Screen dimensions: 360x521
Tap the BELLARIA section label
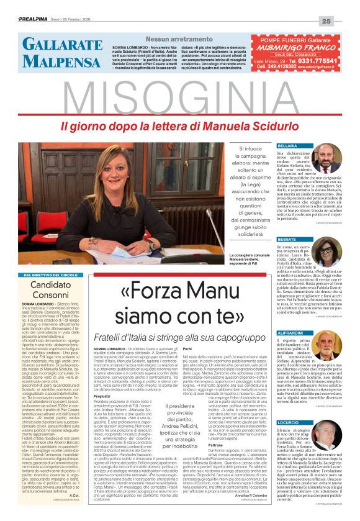[x=288, y=145]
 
